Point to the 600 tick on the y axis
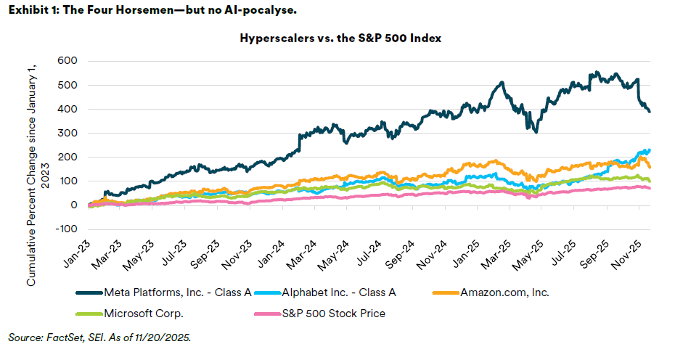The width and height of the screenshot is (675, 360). tap(67, 61)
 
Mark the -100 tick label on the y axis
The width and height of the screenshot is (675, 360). tap(66, 229)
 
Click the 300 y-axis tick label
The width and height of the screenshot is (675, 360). tap(67, 133)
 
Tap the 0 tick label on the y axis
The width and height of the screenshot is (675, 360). tap(74, 205)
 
